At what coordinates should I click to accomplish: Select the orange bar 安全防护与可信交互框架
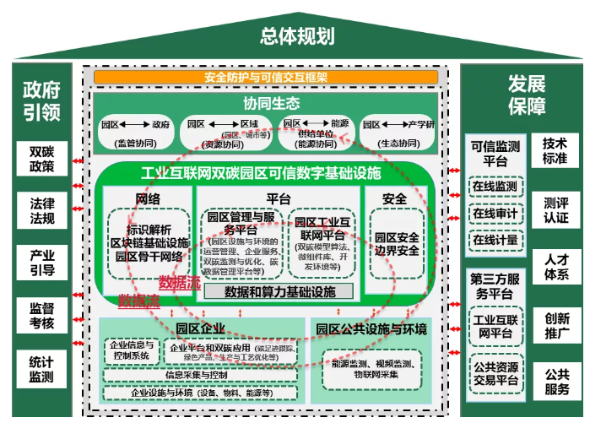[266, 77]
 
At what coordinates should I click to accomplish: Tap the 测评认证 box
[555, 210]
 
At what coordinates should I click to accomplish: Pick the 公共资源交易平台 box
[495, 372]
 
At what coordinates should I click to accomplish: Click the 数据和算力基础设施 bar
[279, 291]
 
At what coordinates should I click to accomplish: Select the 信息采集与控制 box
[196, 375]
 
